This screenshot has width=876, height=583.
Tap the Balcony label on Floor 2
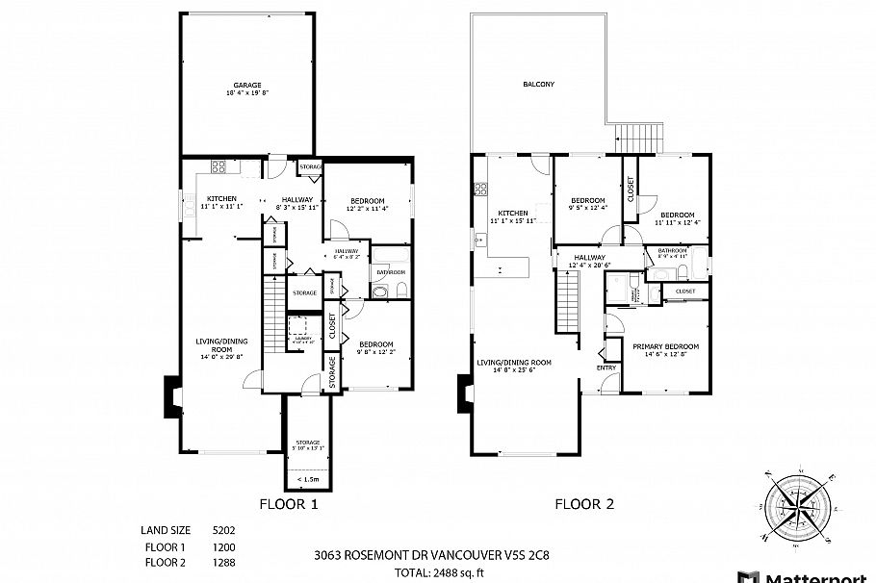538,85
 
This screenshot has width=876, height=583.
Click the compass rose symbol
801,504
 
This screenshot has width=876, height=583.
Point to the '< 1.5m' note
308,478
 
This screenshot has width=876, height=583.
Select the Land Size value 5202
223,530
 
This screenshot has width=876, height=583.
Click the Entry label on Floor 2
606,368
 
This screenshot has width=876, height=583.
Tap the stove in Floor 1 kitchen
219,166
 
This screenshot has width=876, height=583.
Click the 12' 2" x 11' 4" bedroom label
366,204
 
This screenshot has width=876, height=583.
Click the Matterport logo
809,575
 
